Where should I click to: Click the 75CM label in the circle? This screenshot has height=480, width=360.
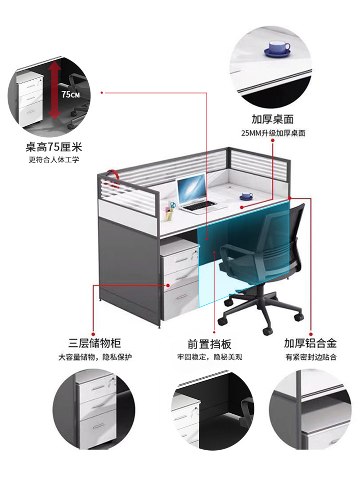[x=71, y=94]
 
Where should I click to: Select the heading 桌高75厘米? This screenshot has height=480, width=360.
[x=54, y=147]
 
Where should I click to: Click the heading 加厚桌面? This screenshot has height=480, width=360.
[x=273, y=119]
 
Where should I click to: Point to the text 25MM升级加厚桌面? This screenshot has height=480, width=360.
[x=273, y=133]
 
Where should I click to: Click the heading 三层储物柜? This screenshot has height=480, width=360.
[x=94, y=343]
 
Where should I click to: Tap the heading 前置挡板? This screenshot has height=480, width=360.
[x=210, y=344]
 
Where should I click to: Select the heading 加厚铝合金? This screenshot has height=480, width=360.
[x=310, y=343]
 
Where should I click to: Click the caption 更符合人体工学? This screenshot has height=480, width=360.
[x=54, y=159]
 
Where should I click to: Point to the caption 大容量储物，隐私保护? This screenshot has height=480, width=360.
[x=95, y=357]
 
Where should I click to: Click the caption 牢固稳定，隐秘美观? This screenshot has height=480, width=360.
[x=210, y=357]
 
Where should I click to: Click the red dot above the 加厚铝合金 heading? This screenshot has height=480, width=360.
[x=311, y=334]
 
